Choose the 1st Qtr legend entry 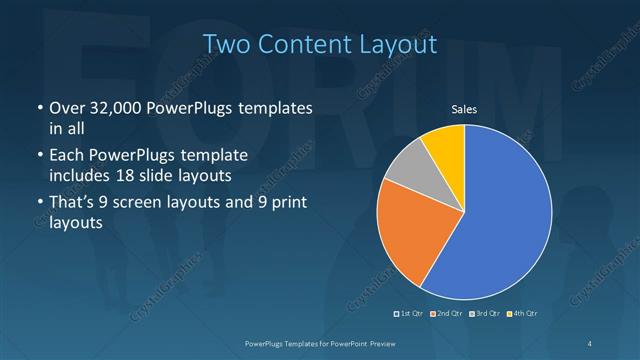(x=411, y=314)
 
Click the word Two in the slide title (x=227, y=44)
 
